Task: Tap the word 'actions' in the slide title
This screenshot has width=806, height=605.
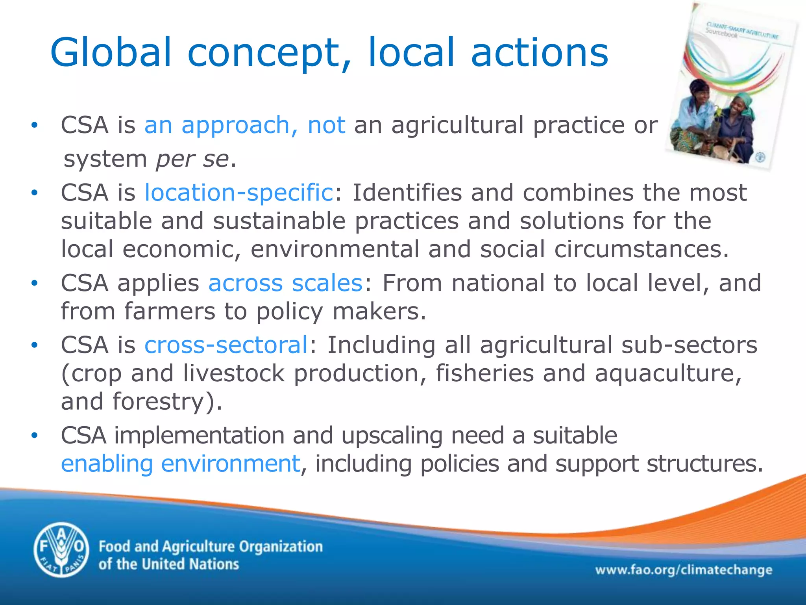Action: point(540,52)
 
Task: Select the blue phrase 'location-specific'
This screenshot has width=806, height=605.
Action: point(239,193)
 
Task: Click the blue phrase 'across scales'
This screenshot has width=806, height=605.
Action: point(285,283)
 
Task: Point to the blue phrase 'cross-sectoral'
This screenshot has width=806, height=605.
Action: point(226,345)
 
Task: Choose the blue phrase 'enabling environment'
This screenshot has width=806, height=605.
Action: point(181,464)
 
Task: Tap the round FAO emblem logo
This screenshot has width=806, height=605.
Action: point(61,549)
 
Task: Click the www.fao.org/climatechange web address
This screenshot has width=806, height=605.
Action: point(684,570)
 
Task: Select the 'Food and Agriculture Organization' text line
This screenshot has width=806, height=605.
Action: point(211,547)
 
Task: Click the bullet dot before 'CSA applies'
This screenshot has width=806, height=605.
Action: point(35,283)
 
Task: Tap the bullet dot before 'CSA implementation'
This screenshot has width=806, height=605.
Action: point(35,436)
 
